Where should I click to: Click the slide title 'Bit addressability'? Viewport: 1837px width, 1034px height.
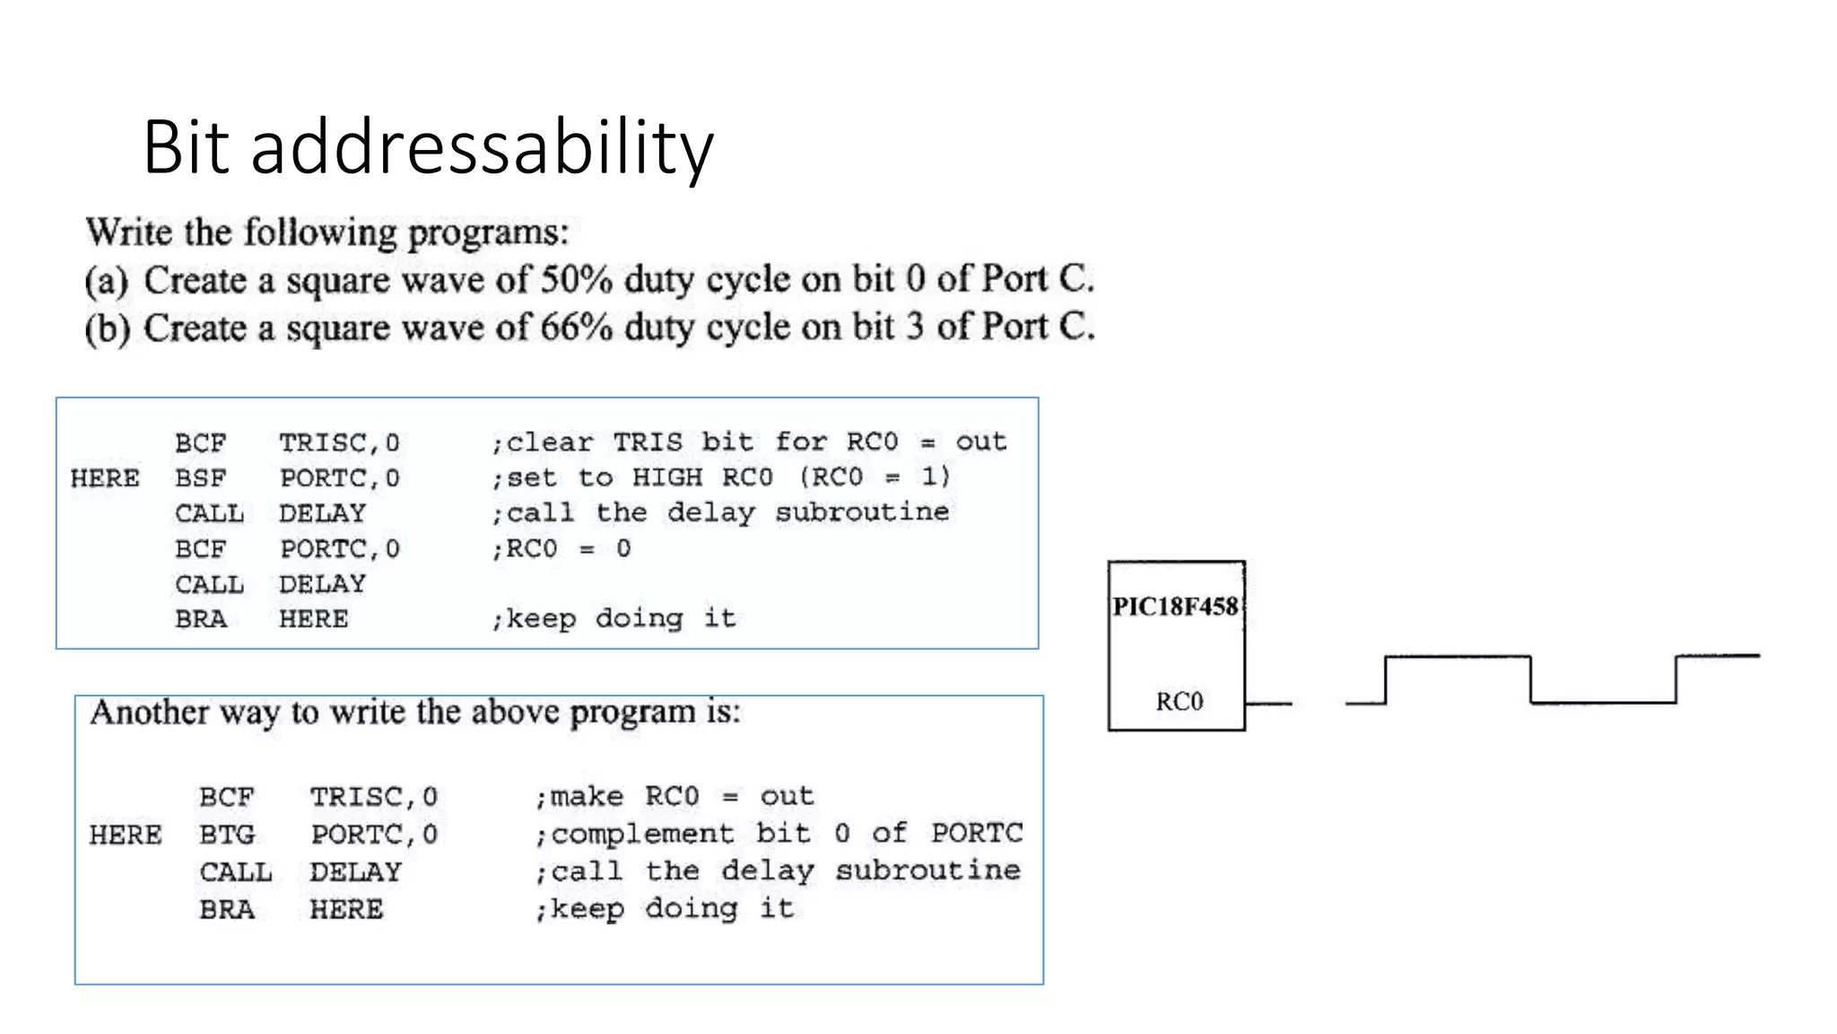[x=428, y=147]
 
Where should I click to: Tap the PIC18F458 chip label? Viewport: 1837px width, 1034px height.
[x=1175, y=608]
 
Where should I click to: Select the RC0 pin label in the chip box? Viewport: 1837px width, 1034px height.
[x=1179, y=701]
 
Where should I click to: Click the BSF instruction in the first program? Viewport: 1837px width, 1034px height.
[x=200, y=478]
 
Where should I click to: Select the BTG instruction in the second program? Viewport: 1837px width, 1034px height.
[x=227, y=835]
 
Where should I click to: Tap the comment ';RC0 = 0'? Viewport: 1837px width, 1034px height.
[x=561, y=548]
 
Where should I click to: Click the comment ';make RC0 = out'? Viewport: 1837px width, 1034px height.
[x=675, y=796]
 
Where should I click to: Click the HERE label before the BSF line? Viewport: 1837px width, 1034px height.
[x=105, y=478]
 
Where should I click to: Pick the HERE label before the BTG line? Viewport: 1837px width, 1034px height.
[x=126, y=835]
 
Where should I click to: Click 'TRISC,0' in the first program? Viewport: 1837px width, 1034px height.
[x=339, y=443]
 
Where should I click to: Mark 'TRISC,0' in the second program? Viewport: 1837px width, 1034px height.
[x=373, y=796]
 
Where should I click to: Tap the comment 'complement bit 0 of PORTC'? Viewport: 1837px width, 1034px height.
[x=779, y=834]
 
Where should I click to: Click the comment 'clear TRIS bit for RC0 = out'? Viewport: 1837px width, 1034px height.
[x=749, y=443]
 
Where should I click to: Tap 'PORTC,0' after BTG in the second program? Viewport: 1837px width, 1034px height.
[x=374, y=835]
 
